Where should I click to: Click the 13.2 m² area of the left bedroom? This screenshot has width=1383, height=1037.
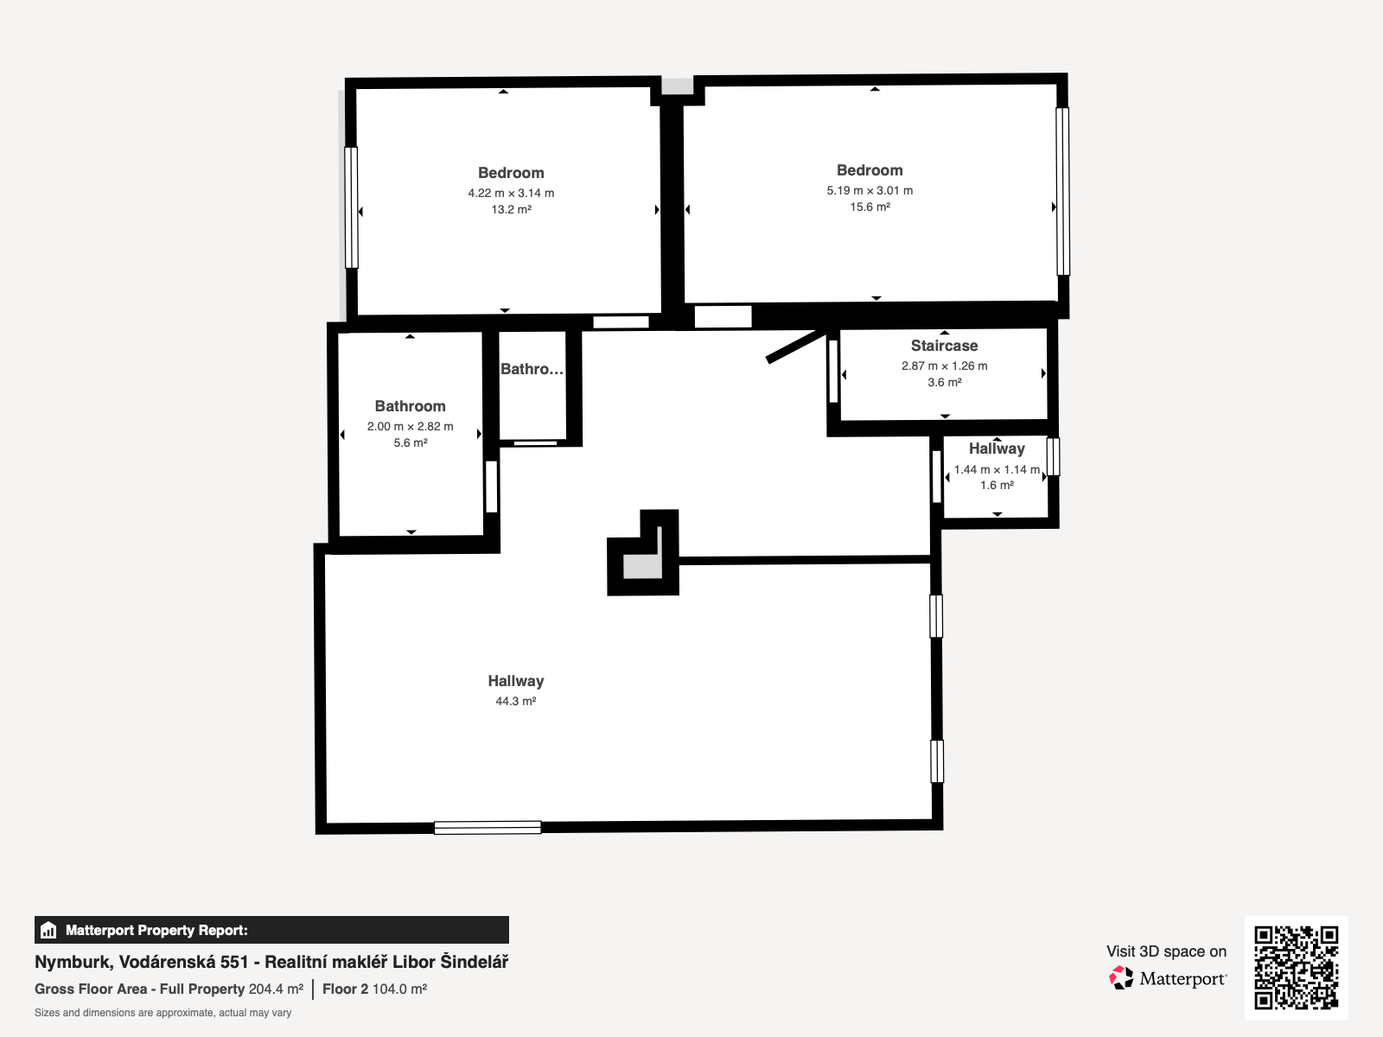[511, 210]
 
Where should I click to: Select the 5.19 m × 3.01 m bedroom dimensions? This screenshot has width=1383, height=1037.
[870, 190]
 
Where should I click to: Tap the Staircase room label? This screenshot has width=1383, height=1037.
[944, 346]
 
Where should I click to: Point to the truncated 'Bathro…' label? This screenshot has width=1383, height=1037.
[532, 369]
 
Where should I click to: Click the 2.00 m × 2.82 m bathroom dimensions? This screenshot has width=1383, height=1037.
[411, 426]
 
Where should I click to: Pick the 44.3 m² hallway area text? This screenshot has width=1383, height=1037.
[515, 701]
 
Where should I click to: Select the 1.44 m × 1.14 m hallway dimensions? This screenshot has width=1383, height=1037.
[997, 469]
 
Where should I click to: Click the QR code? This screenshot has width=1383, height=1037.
[1296, 967]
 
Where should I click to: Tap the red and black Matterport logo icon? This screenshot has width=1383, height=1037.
[1121, 978]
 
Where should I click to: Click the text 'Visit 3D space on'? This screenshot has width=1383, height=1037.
[1166, 951]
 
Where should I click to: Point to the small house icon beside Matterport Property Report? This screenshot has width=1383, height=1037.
[48, 930]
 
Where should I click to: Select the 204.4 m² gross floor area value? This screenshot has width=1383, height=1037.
[276, 989]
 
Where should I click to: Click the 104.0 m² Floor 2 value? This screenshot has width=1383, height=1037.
[399, 989]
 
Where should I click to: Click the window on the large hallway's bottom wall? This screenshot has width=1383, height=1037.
[488, 828]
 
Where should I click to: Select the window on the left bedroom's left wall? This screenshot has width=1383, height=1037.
[351, 207]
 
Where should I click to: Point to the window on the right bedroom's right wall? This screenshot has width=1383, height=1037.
[1063, 191]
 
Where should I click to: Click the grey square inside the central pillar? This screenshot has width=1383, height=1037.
[643, 566]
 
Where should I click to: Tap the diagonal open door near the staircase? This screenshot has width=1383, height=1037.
[796, 347]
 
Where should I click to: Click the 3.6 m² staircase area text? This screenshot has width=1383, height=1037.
[945, 382]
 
